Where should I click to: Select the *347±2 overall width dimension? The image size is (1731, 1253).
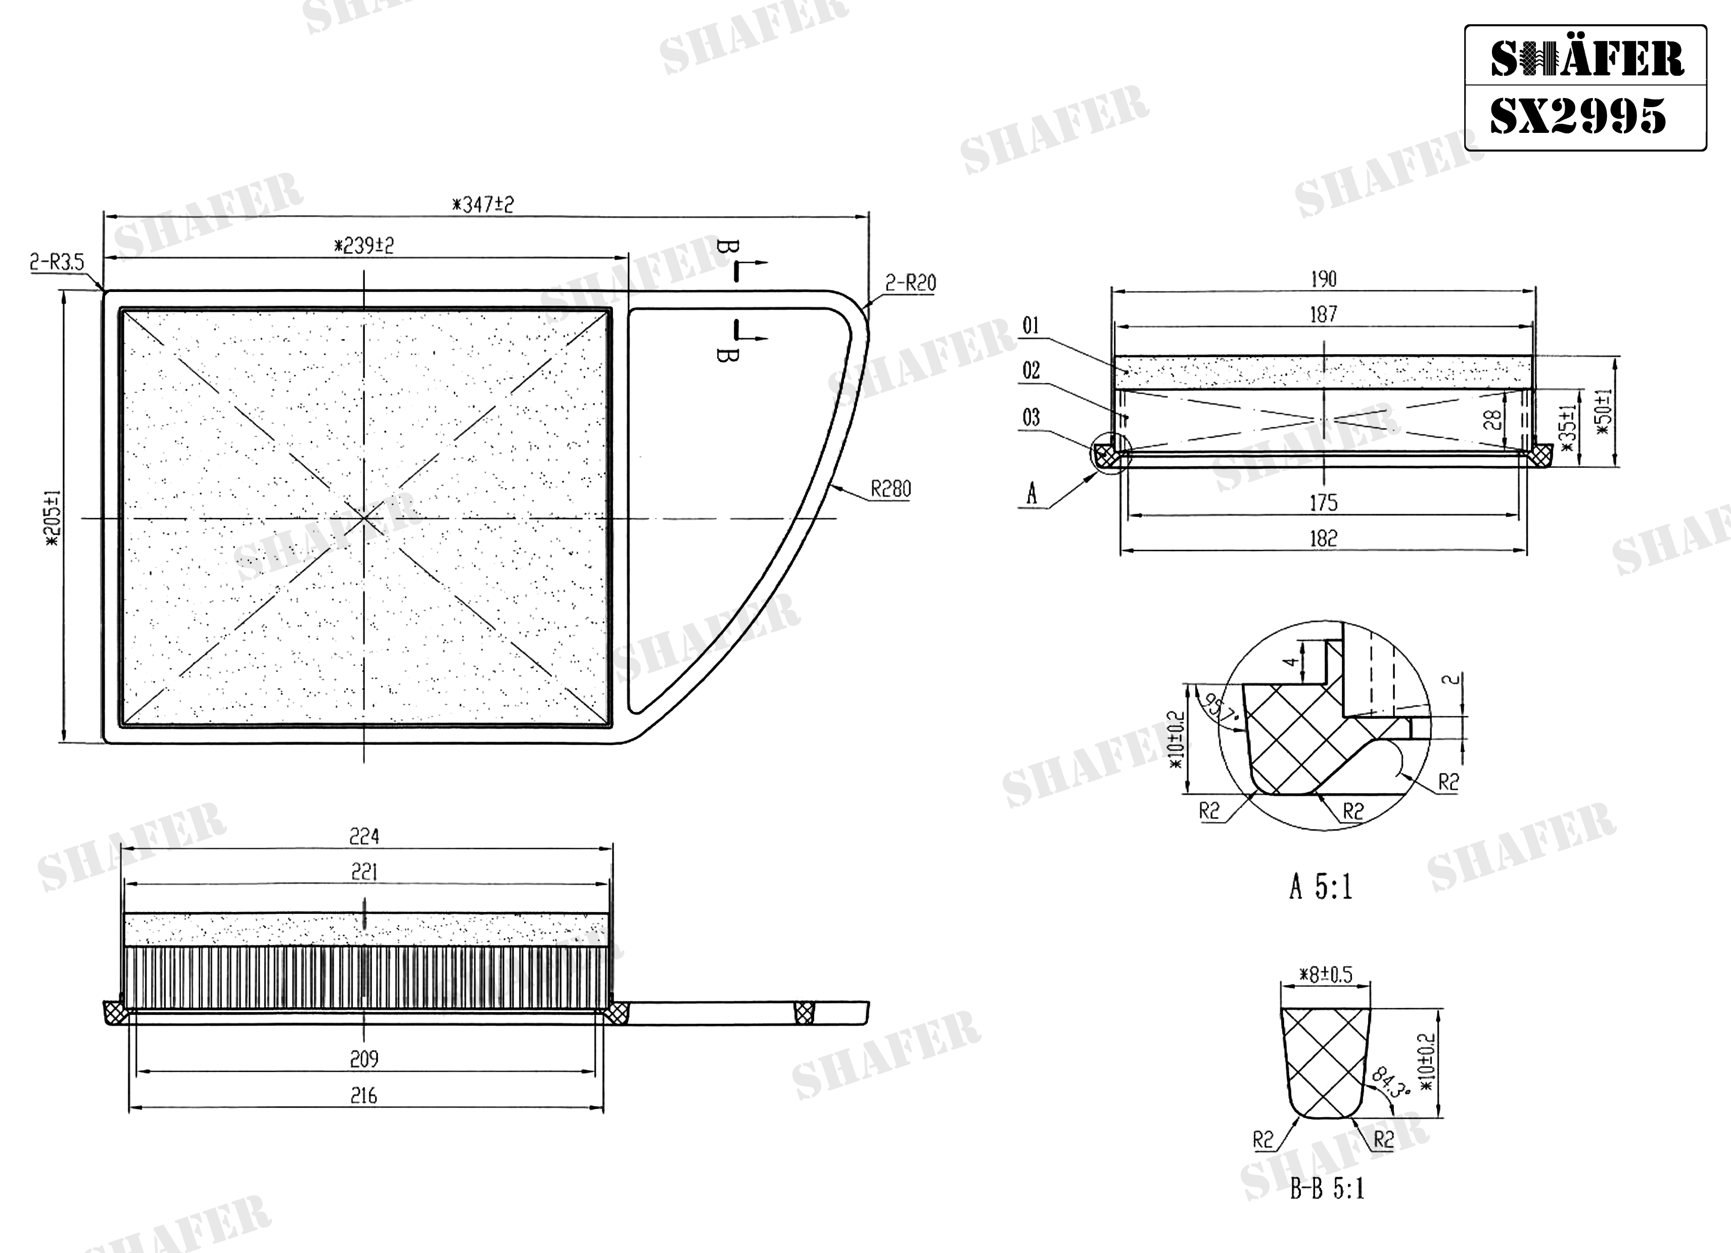483,205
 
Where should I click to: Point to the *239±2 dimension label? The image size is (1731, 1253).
364,246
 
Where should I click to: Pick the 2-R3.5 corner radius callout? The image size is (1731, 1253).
57,263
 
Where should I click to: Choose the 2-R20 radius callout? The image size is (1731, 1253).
911,283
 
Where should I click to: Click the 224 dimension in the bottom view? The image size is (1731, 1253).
364,837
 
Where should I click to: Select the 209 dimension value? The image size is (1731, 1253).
364,1059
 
